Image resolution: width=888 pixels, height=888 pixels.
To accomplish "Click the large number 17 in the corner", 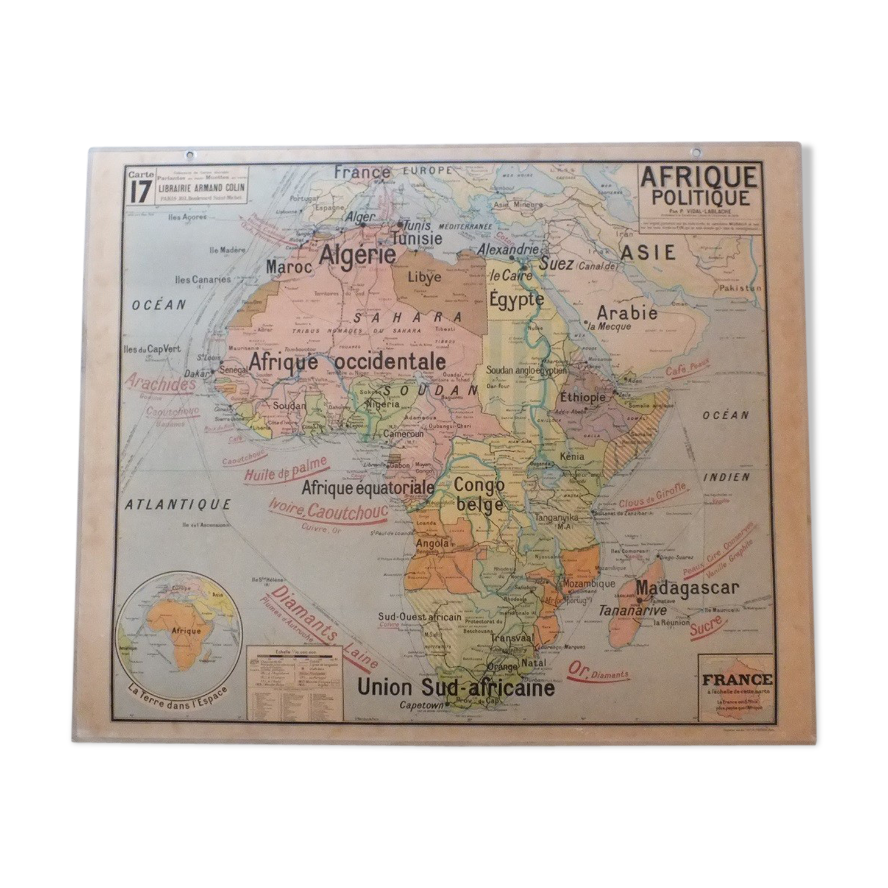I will (x=139, y=192).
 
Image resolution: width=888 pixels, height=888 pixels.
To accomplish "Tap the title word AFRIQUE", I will (x=698, y=177).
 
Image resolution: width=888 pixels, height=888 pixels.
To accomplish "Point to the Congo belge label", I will (x=479, y=494).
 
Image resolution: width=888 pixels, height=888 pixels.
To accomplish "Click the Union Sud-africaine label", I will (x=455, y=688).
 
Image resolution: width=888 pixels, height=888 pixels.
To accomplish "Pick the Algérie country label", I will (x=358, y=254).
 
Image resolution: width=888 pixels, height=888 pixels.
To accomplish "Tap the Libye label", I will (x=425, y=278).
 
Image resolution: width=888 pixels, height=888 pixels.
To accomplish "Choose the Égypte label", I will (x=516, y=299).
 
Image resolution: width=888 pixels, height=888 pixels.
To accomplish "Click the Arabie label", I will (x=627, y=313).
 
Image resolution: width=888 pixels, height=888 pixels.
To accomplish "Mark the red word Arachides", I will (x=161, y=383).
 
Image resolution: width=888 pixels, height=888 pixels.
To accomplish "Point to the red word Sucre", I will (x=706, y=626).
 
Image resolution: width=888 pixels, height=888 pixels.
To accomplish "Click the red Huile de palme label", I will (x=285, y=469).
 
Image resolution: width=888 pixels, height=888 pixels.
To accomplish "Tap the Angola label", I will (x=432, y=542).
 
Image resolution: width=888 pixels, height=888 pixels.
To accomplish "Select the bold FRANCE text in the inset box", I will (x=737, y=680).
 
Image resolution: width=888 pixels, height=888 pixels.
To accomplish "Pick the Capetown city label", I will (x=420, y=705).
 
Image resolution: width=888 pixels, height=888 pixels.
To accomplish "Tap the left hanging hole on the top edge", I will (x=190, y=155).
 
